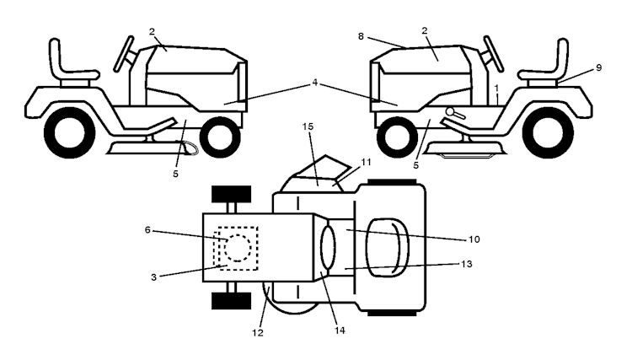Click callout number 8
pyautogui.click(x=361, y=37)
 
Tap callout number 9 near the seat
pyautogui.click(x=598, y=67)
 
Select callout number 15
pyautogui.click(x=308, y=126)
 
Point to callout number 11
pyautogui.click(x=366, y=162)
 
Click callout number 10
pyautogui.click(x=474, y=239)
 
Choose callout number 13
pyautogui.click(x=466, y=264)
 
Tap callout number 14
pyautogui.click(x=340, y=330)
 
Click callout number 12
pyautogui.click(x=258, y=333)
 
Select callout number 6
pyautogui.click(x=147, y=230)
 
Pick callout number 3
pyautogui.click(x=153, y=277)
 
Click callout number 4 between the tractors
pyautogui.click(x=315, y=83)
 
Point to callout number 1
pyautogui.click(x=496, y=88)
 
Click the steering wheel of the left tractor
pyautogui.click(x=124, y=54)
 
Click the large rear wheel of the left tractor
pyautogui.click(x=69, y=132)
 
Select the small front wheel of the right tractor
pyautogui.click(x=397, y=137)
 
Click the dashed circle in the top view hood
pyautogui.click(x=238, y=248)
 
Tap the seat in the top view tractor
pyautogui.click(x=388, y=248)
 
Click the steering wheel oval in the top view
pyautogui.click(x=328, y=248)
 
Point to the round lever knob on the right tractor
pyautogui.click(x=450, y=110)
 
